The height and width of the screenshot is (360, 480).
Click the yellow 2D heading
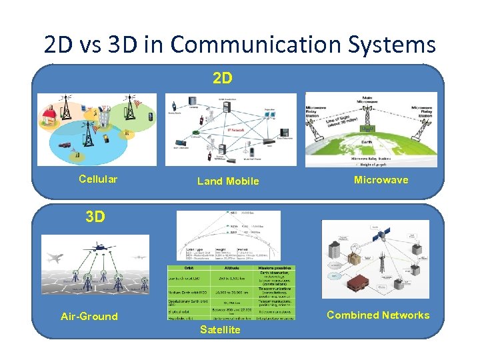[x=223, y=79]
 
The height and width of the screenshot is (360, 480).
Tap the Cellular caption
[x=98, y=179]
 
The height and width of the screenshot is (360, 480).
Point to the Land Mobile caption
[x=228, y=181]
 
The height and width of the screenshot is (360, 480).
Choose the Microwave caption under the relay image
[x=381, y=179]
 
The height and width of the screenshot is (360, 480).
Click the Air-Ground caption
[x=89, y=316]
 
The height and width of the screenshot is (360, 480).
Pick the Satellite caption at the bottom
[x=220, y=330]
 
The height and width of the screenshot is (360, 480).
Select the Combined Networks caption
[x=378, y=315]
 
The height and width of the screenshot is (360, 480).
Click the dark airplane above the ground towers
[x=101, y=247]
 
